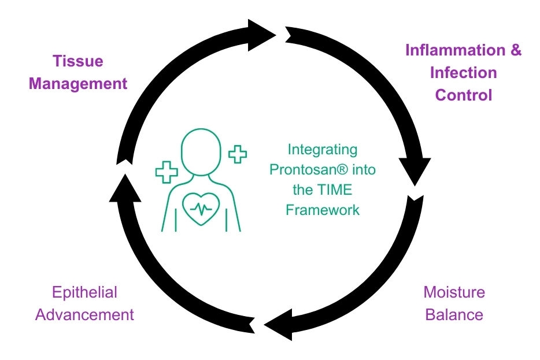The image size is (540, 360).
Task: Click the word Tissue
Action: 78,61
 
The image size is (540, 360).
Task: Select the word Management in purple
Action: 78,83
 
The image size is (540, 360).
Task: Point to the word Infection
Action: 463,73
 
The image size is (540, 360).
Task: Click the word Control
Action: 463,95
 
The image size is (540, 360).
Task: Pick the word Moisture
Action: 454,292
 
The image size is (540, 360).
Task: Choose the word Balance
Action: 454,315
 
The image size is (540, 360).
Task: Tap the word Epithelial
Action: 84,292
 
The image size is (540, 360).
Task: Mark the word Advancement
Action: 84,315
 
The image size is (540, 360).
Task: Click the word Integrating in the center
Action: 323,150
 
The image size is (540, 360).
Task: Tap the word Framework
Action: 323,210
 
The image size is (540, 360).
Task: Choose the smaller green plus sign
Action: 237,154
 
